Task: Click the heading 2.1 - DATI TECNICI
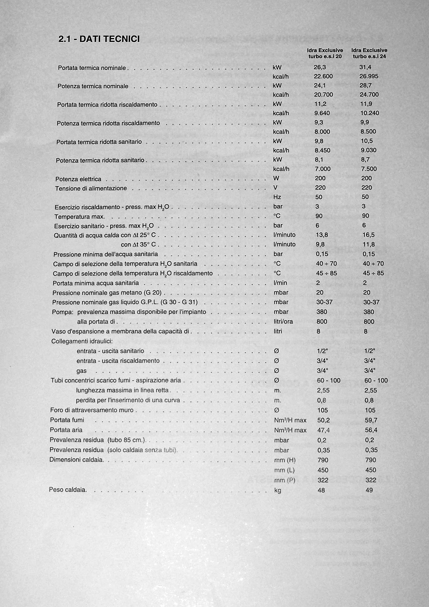coord(99,39)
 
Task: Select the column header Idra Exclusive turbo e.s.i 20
coord(325,53)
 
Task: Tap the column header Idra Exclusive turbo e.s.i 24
coord(369,53)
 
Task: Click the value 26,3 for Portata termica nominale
coord(320,67)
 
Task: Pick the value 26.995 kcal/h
coord(369,76)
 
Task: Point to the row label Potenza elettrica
coord(78,179)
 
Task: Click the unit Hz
coord(277,197)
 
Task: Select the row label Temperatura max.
coord(79,217)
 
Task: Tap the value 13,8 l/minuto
coord(322,235)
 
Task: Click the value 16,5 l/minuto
coord(368,235)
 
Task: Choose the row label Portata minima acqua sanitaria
coord(96,283)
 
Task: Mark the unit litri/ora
coord(283,322)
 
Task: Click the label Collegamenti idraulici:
coord(82,341)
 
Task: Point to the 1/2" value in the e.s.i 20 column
coord(322,351)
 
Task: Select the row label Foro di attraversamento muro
coord(92,410)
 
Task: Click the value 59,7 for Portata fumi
coord(371,420)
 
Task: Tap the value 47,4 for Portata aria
coord(323,430)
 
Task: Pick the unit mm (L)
coord(284,470)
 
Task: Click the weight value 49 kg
coord(369,490)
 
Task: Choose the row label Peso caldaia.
coord(68,490)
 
